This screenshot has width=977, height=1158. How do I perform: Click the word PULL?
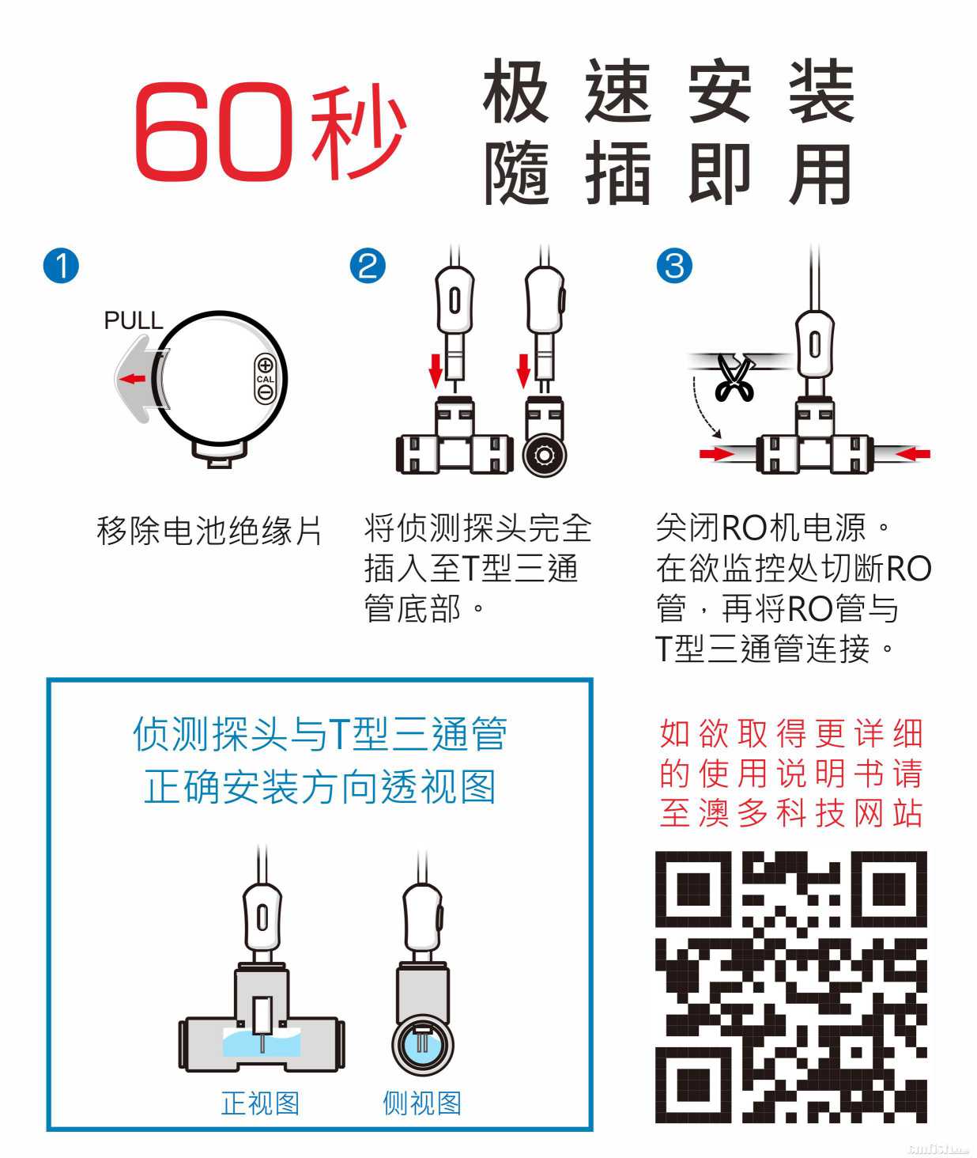point(134,320)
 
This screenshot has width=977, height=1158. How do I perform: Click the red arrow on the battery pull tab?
point(133,380)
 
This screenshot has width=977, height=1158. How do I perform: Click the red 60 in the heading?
point(214,131)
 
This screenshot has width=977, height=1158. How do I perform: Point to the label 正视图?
point(260,1103)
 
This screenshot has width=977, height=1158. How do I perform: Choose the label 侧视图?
point(422,1103)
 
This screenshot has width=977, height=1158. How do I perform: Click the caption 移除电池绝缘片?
point(209,531)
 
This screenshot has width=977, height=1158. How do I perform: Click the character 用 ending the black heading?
point(820,173)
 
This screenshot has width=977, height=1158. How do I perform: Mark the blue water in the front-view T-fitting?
point(262,1042)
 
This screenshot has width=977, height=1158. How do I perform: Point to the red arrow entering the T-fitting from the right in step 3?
point(913,454)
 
